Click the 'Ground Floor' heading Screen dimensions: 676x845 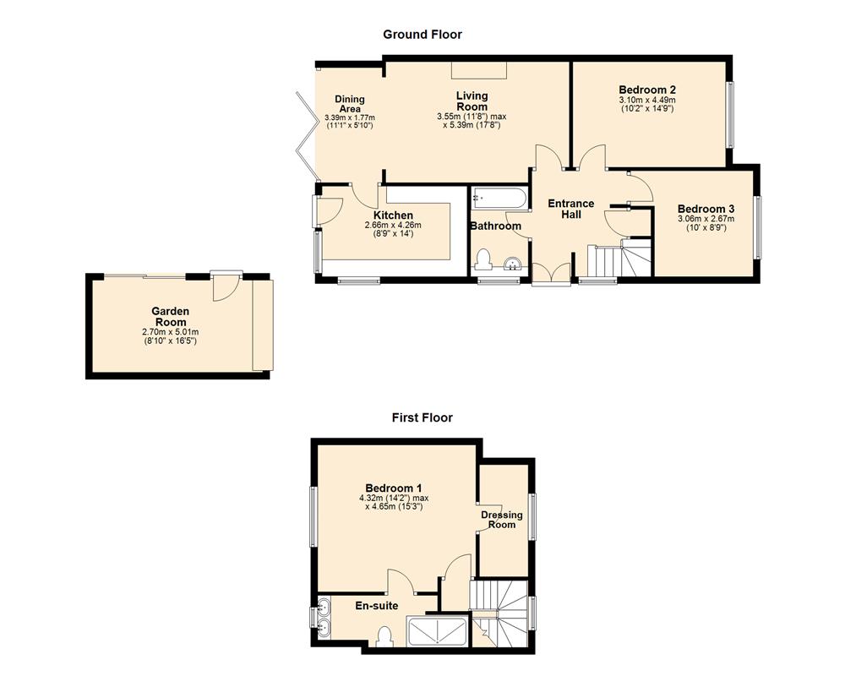pyautogui.click(x=422, y=35)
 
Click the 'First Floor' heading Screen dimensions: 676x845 pyautogui.click(x=422, y=417)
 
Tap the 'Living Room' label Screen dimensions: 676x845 pyautogui.click(x=472, y=101)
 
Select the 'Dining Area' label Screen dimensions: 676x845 pyautogui.click(x=350, y=104)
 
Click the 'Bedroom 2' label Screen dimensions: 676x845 pyautogui.click(x=647, y=90)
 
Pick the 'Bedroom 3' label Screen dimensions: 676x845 pyautogui.click(x=706, y=209)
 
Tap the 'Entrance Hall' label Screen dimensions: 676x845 pyautogui.click(x=571, y=209)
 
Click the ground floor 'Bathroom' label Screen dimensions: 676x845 pyautogui.click(x=496, y=226)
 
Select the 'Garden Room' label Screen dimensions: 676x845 pyautogui.click(x=170, y=317)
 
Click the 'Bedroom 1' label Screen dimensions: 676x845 pyautogui.click(x=394, y=488)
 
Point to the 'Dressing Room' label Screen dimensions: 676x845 pyautogui.click(x=502, y=520)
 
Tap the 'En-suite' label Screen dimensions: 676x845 pyautogui.click(x=375, y=606)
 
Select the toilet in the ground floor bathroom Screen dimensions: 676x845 pyautogui.click(x=484, y=258)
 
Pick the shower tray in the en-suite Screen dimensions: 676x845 pyautogui.click(x=436, y=632)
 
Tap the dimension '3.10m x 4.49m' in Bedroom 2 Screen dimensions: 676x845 pyautogui.click(x=647, y=100)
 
